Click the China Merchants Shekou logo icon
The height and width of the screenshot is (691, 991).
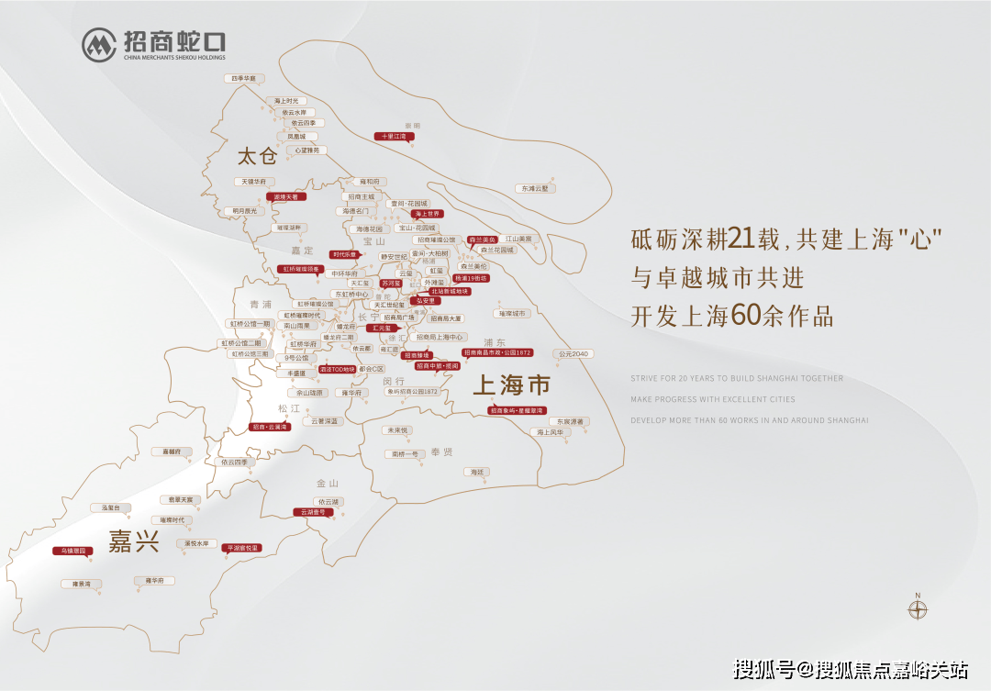(x=99, y=44)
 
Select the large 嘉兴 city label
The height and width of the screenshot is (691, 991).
(x=134, y=541)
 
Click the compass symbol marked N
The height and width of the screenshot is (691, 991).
(x=918, y=608)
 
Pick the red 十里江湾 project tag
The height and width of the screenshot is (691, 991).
(x=394, y=137)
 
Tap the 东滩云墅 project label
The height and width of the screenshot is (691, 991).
(x=535, y=188)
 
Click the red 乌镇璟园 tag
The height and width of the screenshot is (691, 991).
(x=69, y=551)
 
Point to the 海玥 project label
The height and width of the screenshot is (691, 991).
(x=475, y=472)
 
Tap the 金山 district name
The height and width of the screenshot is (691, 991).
(x=328, y=483)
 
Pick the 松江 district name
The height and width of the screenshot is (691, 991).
(x=289, y=407)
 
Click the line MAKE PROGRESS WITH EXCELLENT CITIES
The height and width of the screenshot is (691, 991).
(x=713, y=399)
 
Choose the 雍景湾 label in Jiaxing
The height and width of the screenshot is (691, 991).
(x=75, y=584)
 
